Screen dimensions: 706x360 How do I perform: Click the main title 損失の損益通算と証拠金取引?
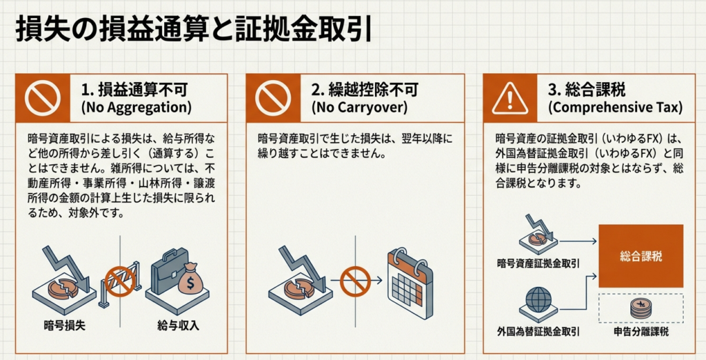pos(194,30)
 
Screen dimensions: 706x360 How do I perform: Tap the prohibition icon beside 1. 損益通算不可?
pos(43,98)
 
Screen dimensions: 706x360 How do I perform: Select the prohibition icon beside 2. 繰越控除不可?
pos(273,98)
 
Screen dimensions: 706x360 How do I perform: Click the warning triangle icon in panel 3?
pos(510,98)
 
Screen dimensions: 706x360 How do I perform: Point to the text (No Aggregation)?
pos(136,108)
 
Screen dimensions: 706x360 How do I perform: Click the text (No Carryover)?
pos(359,108)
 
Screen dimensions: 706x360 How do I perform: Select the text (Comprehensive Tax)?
pos(615,108)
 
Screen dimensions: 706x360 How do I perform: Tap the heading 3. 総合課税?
pos(586,90)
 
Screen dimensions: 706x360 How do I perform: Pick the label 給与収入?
pos(179,326)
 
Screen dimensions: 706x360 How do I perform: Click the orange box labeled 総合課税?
pos(641,256)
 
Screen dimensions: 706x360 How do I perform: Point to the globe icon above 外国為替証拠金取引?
pos(538,299)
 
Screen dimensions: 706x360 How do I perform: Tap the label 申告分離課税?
pos(641,332)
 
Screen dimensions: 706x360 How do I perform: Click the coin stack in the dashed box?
pos(641,309)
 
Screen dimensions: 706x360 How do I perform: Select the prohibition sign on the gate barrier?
pos(120,281)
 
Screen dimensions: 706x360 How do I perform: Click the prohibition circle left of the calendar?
pos(355,281)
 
